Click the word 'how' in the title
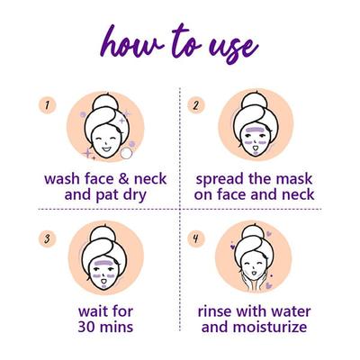131,41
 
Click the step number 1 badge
43,105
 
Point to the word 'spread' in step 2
223,178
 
